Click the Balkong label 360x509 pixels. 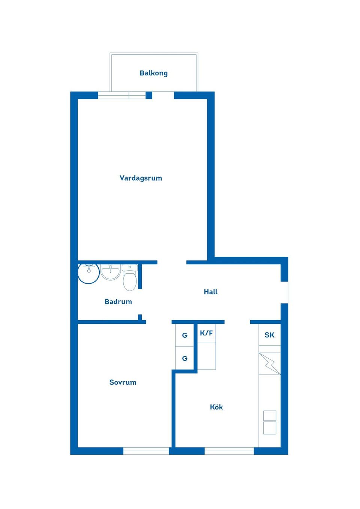pyautogui.click(x=153, y=73)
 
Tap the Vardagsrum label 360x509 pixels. pyautogui.click(x=141, y=178)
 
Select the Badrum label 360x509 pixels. pyautogui.click(x=118, y=302)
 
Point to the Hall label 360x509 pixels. pyautogui.click(x=210, y=292)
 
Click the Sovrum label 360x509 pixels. pyautogui.click(x=123, y=382)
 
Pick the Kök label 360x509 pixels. pyautogui.click(x=216, y=407)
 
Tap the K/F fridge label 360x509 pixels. pyautogui.click(x=206, y=333)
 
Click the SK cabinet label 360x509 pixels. pyautogui.click(x=269, y=335)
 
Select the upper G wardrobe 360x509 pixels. pyautogui.click(x=184, y=335)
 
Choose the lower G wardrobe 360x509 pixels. pyautogui.click(x=184, y=358)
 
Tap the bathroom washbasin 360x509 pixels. pyautogui.click(x=111, y=272)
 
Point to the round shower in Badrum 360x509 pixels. pyautogui.click(x=88, y=273)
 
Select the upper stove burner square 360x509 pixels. pyautogui.click(x=270, y=415)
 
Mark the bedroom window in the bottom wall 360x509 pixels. pyautogui.click(x=146, y=451)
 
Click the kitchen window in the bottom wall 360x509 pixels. pyautogui.click(x=229, y=451)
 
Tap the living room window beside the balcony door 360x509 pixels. pyautogui.click(x=121, y=95)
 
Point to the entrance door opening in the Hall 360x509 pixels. pyautogui.click(x=285, y=292)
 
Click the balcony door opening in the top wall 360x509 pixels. pyautogui.click(x=163, y=95)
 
